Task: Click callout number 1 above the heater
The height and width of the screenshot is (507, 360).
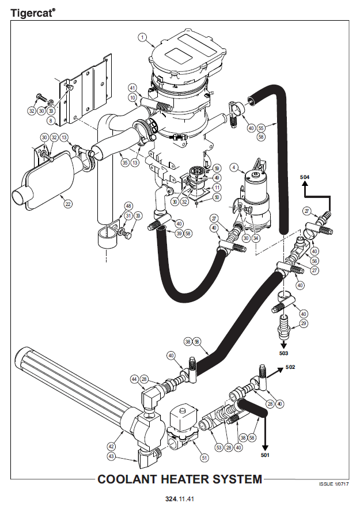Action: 142,37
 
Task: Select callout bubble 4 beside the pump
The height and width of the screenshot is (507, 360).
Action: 234,167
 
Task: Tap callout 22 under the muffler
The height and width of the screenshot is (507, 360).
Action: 68,203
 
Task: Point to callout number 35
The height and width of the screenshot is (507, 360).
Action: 124,162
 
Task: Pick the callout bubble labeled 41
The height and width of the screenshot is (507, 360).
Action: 132,88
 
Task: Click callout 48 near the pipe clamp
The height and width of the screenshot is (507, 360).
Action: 128,206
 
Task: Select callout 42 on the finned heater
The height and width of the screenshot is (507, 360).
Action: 111,445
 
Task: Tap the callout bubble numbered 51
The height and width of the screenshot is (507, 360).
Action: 204,458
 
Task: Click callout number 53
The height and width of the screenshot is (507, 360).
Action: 218,447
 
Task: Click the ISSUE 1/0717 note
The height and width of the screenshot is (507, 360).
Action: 334,485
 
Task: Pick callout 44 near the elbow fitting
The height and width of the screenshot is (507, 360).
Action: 134,379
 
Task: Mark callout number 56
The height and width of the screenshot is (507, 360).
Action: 314,261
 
